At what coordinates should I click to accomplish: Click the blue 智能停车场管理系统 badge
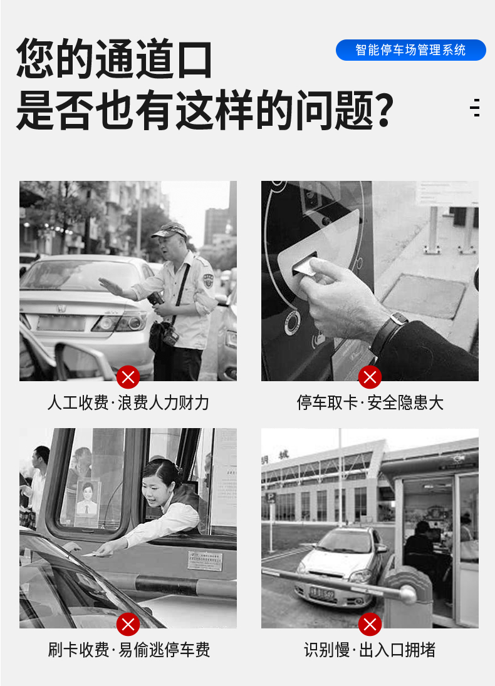point(410,50)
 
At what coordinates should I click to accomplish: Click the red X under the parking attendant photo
point(128,377)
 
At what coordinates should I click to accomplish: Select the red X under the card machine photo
point(370,377)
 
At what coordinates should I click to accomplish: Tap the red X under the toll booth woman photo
point(128,624)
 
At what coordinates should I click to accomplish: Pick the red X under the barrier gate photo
point(370,624)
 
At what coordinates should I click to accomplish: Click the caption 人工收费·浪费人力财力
point(128,402)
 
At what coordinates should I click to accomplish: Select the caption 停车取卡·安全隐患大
point(370,402)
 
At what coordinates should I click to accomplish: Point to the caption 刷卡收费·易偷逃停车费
point(129,650)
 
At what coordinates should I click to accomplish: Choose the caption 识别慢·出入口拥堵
point(370,650)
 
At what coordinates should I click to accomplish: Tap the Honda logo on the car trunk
point(61,309)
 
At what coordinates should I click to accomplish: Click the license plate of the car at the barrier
point(321,593)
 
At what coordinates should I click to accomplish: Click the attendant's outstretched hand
point(110,286)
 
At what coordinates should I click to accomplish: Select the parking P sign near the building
point(271,498)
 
